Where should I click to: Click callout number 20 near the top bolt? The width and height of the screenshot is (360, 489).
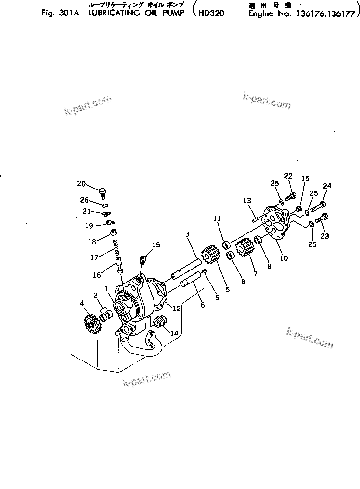[81, 183]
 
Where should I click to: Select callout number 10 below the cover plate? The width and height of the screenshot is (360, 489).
[284, 258]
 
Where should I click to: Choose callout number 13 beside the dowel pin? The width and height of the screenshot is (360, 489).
[247, 200]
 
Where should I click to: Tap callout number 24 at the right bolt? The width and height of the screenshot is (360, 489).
[327, 186]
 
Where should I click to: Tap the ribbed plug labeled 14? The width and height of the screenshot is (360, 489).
[160, 323]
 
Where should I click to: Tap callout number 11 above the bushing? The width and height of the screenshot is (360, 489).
[217, 219]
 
